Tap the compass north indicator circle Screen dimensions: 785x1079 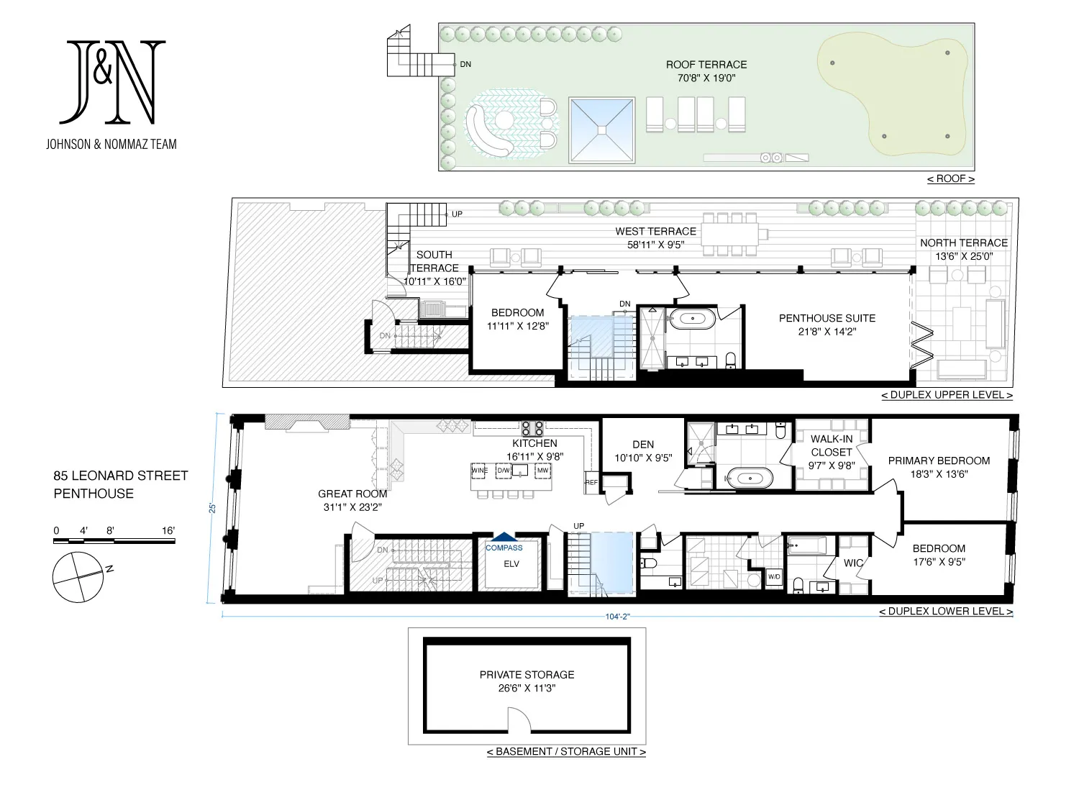(x=78, y=577)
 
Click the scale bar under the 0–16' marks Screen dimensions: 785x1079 (x=114, y=540)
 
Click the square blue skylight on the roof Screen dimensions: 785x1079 (x=601, y=130)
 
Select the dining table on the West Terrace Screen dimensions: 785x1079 (x=729, y=234)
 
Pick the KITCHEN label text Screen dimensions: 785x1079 (x=534, y=443)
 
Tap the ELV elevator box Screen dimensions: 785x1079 (x=511, y=564)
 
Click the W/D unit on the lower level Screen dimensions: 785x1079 (x=774, y=577)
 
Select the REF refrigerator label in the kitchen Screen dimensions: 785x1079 (x=591, y=482)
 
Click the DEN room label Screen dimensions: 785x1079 (x=643, y=445)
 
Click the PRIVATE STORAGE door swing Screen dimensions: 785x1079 (x=519, y=720)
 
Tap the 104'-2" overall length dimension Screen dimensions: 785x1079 (x=617, y=617)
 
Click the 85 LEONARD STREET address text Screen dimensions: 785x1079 (x=120, y=476)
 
